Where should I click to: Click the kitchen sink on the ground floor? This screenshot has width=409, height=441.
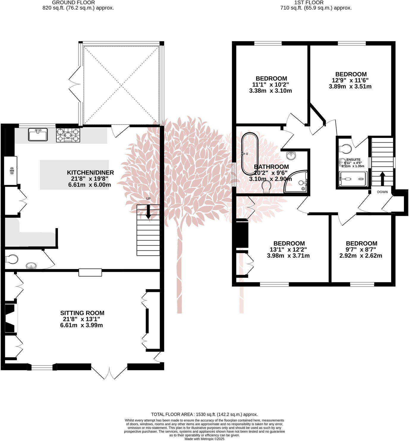[x=38, y=134]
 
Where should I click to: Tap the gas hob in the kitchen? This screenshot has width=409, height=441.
[x=68, y=135]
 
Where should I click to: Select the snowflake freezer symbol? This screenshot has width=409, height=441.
[x=12, y=171]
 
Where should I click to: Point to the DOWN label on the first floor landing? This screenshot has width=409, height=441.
[x=382, y=192]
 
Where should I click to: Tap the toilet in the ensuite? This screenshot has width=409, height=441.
[x=346, y=148]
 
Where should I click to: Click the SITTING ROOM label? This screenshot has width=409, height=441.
[x=82, y=313]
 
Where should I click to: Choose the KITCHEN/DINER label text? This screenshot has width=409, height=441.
[x=90, y=173]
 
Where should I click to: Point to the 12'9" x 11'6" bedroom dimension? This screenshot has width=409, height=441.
[x=350, y=80]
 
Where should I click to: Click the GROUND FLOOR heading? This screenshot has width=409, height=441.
[x=73, y=3]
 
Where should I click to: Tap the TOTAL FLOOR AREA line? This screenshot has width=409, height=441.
[x=204, y=414]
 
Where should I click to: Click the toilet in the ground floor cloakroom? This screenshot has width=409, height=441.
[x=11, y=259]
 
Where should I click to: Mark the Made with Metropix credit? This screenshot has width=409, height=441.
[x=204, y=439]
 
